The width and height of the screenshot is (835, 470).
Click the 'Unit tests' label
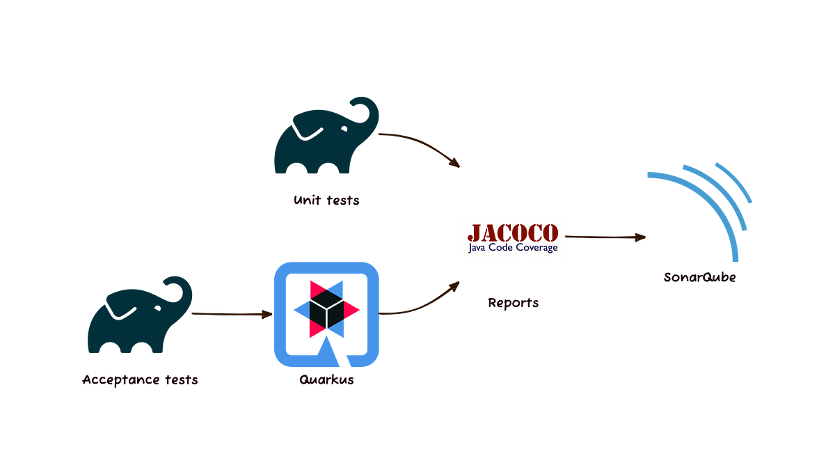(x=326, y=201)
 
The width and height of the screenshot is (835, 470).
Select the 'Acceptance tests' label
(x=140, y=380)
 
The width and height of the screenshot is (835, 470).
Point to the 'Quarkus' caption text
(x=326, y=380)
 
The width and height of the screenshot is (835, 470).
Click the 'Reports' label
(x=513, y=304)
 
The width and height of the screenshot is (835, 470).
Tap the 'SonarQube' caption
(x=699, y=277)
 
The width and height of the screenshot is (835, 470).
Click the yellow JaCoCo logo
(x=513, y=237)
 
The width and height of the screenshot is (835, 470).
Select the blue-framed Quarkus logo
(x=326, y=313)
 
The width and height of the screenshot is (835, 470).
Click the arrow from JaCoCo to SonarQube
(x=606, y=237)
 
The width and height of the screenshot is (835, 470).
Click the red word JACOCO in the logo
(x=513, y=231)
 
